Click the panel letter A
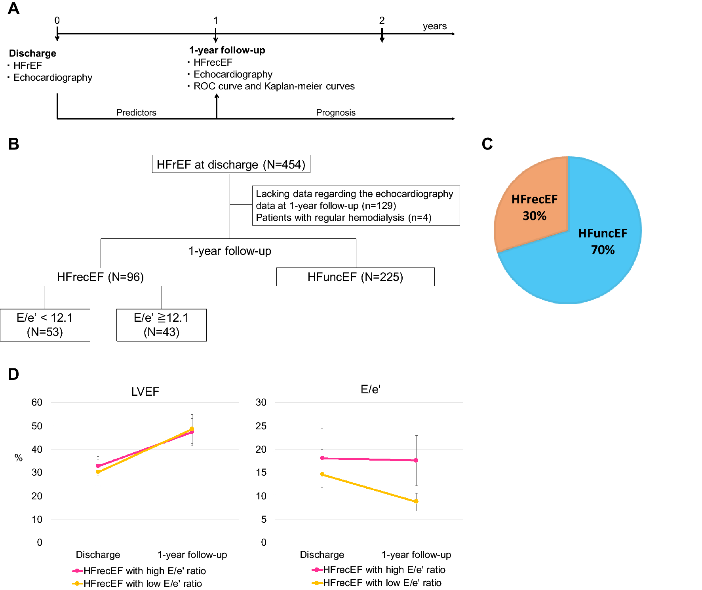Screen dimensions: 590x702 [13, 8]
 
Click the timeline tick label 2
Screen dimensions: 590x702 [382, 21]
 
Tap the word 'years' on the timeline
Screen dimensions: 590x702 [434, 26]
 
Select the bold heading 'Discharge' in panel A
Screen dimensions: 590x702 [32, 53]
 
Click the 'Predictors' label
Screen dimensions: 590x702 [136, 113]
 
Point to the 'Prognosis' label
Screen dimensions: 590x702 [336, 113]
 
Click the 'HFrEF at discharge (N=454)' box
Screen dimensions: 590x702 [231, 164]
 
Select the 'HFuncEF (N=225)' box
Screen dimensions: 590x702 [355, 277]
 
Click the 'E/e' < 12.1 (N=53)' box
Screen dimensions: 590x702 [45, 325]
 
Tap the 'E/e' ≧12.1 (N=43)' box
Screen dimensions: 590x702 [162, 325]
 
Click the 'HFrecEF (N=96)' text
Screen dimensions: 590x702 [100, 277]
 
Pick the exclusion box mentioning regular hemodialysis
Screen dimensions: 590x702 [356, 206]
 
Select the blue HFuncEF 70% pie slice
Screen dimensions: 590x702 [594, 253]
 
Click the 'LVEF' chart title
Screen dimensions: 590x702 [145, 392]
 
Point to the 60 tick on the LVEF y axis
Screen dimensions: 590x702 [37, 402]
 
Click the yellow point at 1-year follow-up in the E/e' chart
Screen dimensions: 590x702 [416, 501]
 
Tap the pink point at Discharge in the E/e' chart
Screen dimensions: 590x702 [322, 458]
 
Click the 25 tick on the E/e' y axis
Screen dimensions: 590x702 [261, 426]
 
